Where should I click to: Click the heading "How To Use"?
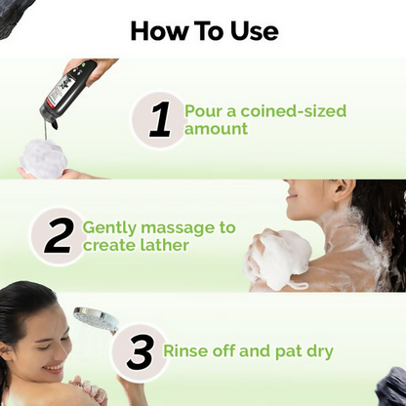203,30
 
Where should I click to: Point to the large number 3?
139,351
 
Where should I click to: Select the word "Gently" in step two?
108,227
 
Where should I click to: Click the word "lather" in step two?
164,245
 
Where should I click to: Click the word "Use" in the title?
253,30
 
